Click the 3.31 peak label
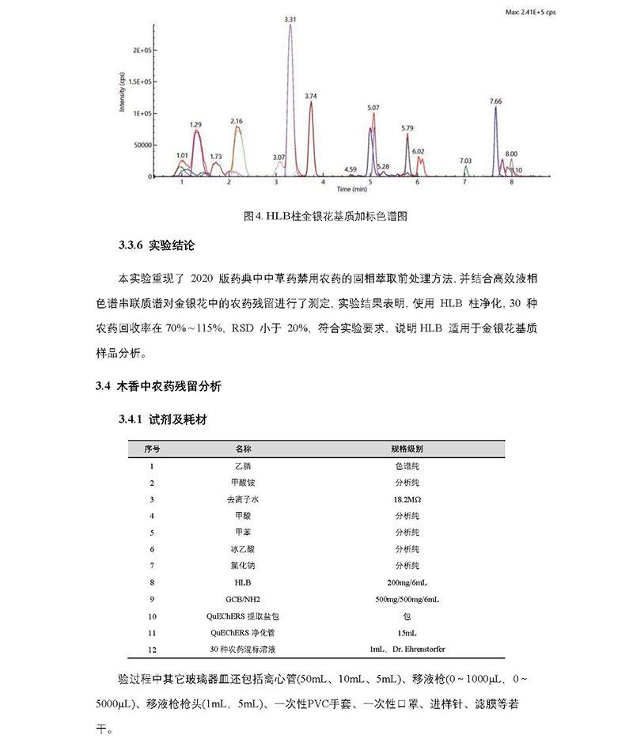tap(290, 18)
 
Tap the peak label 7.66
tap(495, 101)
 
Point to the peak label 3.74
tap(310, 96)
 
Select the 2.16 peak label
tap(237, 120)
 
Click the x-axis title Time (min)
tap(351, 191)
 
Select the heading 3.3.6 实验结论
tap(154, 247)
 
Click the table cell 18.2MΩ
tap(407, 499)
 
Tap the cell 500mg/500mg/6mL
tap(407, 599)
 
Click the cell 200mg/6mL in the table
tap(407, 582)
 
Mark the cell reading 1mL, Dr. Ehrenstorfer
tap(407, 649)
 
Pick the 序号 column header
tap(152, 448)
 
